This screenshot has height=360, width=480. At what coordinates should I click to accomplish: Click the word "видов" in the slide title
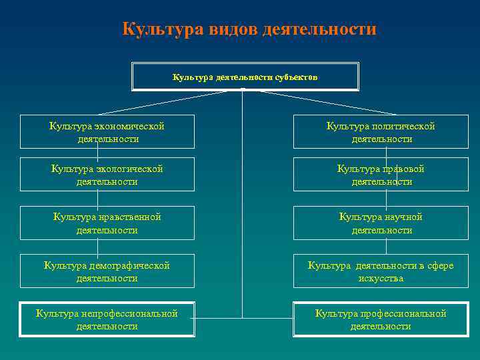point(231,30)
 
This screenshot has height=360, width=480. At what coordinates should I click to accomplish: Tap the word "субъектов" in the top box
point(296,77)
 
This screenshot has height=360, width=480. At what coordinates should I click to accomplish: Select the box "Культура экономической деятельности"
point(107,132)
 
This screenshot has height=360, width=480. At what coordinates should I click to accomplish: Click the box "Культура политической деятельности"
point(381,132)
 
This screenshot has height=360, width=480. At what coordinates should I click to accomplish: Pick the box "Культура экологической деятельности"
point(107,175)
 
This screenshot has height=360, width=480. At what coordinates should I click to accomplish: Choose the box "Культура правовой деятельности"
point(381,175)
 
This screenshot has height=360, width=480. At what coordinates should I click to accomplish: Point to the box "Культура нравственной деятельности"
point(107,223)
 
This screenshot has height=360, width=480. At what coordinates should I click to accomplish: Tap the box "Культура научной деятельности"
point(381,223)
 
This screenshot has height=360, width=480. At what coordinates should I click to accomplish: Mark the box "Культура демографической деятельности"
point(107,271)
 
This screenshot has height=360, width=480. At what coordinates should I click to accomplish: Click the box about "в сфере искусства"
point(381,271)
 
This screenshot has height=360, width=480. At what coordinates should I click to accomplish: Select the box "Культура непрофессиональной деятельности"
point(107,320)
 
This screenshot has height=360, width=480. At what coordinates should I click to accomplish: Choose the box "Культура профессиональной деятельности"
point(381,320)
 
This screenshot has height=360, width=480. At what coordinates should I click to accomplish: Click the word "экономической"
point(129,126)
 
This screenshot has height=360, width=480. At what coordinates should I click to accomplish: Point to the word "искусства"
point(381,278)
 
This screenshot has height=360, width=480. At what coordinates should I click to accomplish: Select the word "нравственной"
point(129,217)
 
